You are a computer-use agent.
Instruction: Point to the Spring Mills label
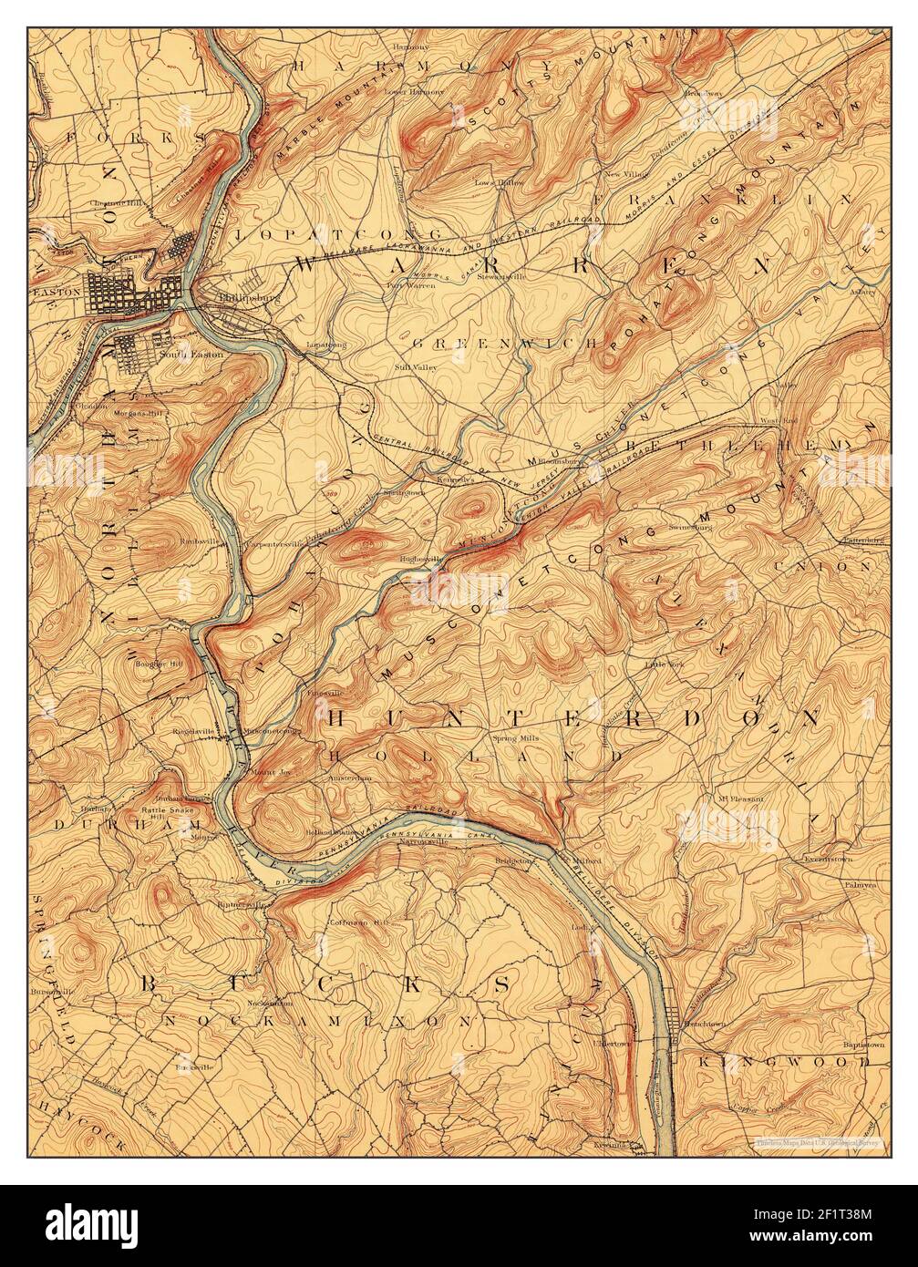tap(517, 737)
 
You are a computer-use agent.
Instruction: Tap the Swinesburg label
tap(689, 526)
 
